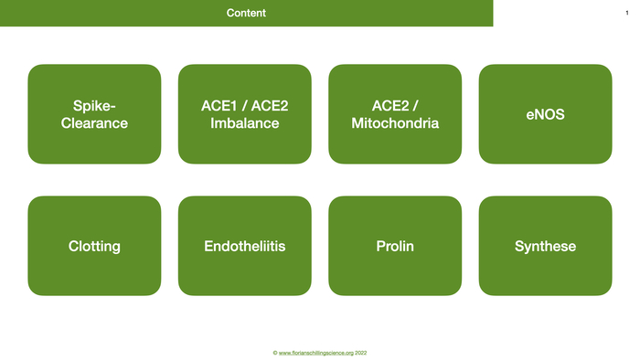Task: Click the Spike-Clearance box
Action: tap(94, 114)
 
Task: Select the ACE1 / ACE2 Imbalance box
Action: tap(244, 114)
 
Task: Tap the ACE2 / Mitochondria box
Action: tap(395, 114)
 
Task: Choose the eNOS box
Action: tap(545, 114)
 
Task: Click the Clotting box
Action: tap(94, 246)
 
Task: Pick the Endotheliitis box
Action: tap(244, 246)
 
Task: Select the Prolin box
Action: tap(395, 246)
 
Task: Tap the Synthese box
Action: tap(545, 246)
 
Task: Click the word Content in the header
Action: tap(246, 13)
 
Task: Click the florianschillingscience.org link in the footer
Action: tap(316, 353)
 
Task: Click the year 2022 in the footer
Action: tap(361, 353)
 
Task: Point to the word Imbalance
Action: tap(244, 123)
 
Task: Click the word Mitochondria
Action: tap(395, 123)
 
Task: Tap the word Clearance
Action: tap(94, 123)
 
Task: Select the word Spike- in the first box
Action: tap(94, 106)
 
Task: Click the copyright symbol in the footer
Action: tap(274, 353)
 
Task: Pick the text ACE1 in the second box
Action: tap(218, 106)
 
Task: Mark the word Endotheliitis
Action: tap(244, 247)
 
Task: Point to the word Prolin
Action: tap(395, 247)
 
